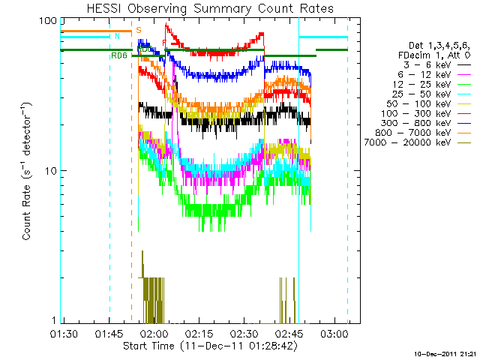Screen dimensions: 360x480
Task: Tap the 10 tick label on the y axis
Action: [49, 170]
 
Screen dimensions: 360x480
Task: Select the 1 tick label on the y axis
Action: [52, 321]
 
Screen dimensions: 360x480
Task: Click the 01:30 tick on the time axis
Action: [64, 331]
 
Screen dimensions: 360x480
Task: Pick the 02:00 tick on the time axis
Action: [154, 331]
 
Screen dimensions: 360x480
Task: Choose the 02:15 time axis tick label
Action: [199, 331]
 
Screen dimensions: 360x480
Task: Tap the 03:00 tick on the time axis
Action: [333, 331]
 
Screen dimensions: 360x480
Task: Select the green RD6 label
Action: [118, 55]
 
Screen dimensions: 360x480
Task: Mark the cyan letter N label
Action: [116, 36]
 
